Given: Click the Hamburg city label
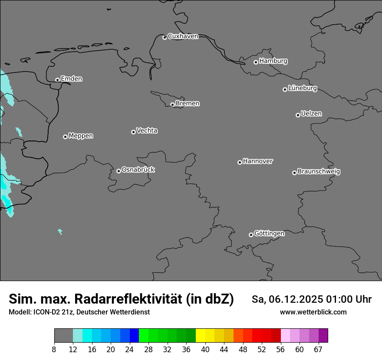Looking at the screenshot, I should (x=273, y=61).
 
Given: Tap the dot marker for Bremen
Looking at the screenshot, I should (x=172, y=105).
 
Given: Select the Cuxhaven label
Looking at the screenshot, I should (x=183, y=36).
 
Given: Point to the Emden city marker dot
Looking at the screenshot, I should (x=57, y=80).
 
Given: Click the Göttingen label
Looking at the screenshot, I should (x=269, y=234).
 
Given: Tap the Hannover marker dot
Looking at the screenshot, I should (x=240, y=162).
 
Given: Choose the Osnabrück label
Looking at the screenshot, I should (x=138, y=170).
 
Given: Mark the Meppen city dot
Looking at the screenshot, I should (x=65, y=137).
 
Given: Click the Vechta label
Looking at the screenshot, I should (x=147, y=131).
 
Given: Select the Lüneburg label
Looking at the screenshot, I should (x=302, y=88).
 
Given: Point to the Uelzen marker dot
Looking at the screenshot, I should (x=298, y=115).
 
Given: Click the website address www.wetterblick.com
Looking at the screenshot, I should (x=313, y=312).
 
